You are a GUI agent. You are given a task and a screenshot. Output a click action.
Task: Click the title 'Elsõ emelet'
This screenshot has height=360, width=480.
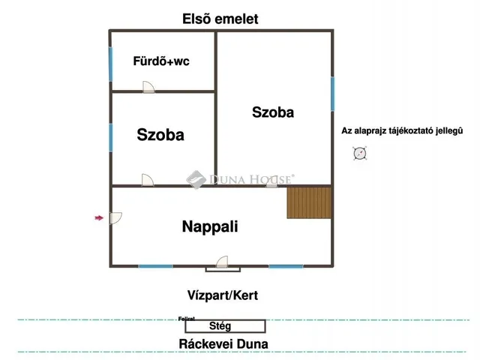tap(225, 19)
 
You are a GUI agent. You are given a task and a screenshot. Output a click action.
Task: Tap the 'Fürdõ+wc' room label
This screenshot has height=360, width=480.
tap(161, 61)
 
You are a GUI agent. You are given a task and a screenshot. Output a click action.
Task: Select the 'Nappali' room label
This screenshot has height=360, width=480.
tap(210, 226)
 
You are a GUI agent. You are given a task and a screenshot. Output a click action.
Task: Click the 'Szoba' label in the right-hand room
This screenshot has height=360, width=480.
tap(273, 112)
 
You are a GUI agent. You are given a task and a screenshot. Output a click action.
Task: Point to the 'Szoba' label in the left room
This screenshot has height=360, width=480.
tap(160, 135)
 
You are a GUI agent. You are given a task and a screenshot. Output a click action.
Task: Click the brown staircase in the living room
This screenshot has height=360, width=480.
tap(309, 202)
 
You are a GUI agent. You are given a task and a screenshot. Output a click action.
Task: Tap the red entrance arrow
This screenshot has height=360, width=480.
tap(98, 218)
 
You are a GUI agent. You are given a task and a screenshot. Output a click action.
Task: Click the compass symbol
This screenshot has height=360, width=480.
tap(360, 154)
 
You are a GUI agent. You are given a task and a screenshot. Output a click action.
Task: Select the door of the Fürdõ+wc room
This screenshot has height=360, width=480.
tap(149, 88)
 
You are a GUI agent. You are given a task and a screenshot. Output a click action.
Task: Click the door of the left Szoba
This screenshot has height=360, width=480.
tap(148, 181)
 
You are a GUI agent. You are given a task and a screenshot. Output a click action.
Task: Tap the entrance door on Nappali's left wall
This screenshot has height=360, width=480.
tap(115, 218)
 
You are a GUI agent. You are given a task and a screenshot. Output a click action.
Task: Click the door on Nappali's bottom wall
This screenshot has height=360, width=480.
tap(223, 262)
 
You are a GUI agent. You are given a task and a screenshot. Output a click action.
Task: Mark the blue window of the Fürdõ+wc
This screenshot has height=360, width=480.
tap(111, 65)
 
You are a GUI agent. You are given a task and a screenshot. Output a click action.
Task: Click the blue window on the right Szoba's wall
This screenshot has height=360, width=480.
tap(332, 94)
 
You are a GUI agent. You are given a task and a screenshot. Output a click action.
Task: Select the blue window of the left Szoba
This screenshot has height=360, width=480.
tap(111, 137)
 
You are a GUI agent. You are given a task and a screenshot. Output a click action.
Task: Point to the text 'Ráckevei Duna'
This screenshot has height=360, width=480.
tap(223, 345)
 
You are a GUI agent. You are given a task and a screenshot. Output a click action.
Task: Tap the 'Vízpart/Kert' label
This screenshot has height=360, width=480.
tap(223, 295)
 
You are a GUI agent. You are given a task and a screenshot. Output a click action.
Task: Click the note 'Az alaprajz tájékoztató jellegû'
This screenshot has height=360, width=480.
tap(402, 130)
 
